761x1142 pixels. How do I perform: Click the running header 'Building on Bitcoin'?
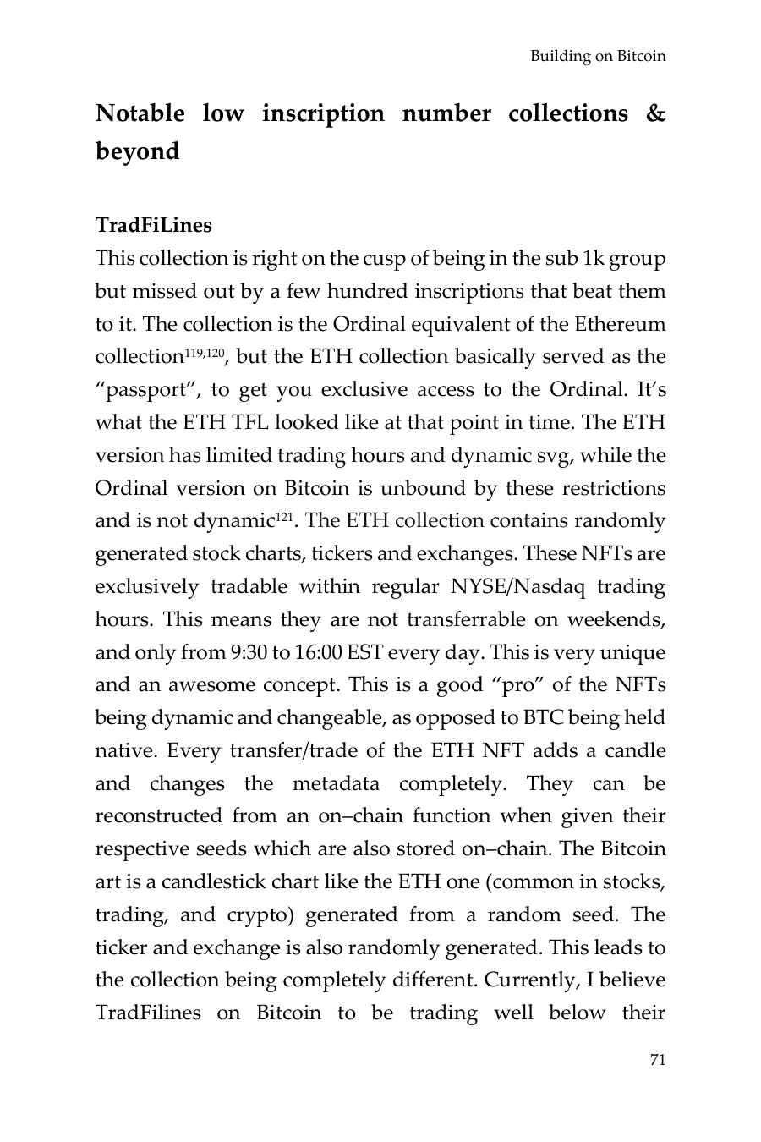[x=598, y=57]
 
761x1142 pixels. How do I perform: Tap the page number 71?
[x=657, y=1059]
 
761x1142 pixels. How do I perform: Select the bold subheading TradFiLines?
[x=154, y=225]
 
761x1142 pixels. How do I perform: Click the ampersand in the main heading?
[x=655, y=113]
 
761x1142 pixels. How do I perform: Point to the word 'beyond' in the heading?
[x=137, y=151]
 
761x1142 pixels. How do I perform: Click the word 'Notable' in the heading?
[x=140, y=113]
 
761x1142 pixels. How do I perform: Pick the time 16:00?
[x=317, y=653]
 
